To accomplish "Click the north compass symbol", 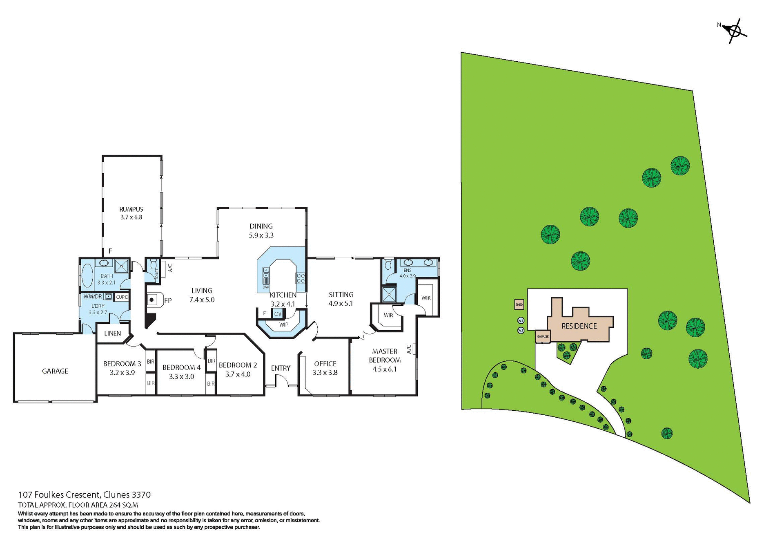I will pyautogui.click(x=735, y=31).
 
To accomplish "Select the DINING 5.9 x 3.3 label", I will pyautogui.click(x=261, y=231).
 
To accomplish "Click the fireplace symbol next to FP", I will pyautogui.click(x=152, y=300).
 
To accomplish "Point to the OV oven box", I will pyautogui.click(x=278, y=314).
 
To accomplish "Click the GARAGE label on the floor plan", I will pyautogui.click(x=55, y=371).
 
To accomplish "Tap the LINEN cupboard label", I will pyautogui.click(x=112, y=333).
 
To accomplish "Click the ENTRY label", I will pyautogui.click(x=281, y=368).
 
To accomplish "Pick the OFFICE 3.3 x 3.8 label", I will pyautogui.click(x=325, y=368).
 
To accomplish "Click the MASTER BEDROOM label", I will pyautogui.click(x=384, y=356).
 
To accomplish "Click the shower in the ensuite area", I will pyautogui.click(x=389, y=294).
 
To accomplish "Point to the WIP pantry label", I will pyautogui.click(x=283, y=325).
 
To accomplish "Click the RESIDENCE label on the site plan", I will pyautogui.click(x=579, y=326).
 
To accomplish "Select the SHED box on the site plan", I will pyautogui.click(x=519, y=304).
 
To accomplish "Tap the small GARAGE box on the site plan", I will pyautogui.click(x=543, y=336).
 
